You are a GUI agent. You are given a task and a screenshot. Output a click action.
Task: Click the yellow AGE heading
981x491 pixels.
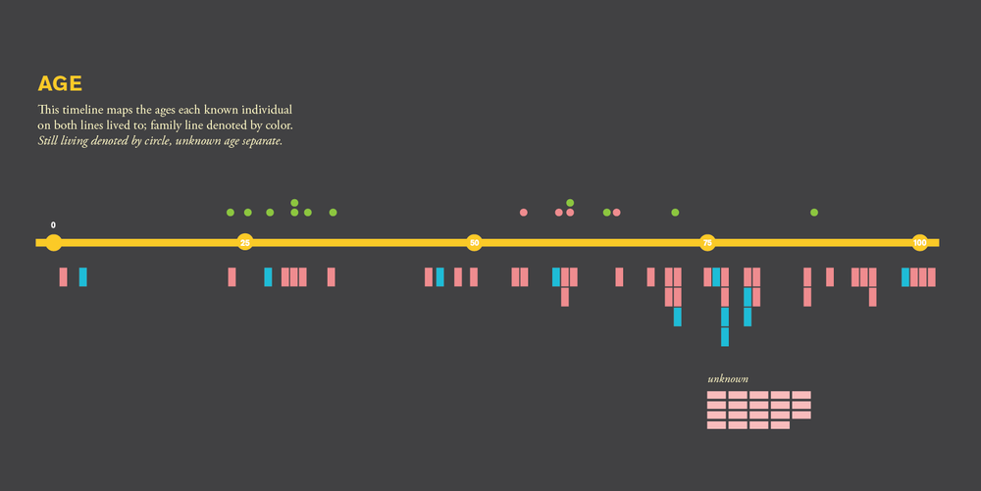tap(60, 83)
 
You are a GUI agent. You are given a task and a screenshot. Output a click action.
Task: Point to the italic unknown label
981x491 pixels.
tap(728, 379)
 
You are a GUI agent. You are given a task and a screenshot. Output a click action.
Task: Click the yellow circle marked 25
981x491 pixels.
tap(244, 242)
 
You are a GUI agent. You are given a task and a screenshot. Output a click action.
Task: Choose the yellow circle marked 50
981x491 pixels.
tap(474, 242)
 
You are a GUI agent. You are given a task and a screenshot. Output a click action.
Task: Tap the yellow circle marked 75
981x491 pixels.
tap(707, 242)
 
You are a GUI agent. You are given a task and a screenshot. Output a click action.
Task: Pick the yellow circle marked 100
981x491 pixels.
tap(920, 242)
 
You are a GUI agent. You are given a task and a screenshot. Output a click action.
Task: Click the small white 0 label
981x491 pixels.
tap(53, 225)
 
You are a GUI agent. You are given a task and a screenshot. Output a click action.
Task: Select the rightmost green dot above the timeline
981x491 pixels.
tap(814, 213)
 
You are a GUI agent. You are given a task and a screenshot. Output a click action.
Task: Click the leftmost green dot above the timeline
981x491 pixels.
tap(231, 213)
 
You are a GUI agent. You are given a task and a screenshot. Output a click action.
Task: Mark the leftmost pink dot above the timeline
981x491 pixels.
tap(524, 213)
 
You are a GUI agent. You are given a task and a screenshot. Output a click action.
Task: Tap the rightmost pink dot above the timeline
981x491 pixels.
tap(616, 213)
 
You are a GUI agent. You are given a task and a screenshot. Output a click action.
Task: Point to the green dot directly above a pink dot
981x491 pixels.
tap(570, 203)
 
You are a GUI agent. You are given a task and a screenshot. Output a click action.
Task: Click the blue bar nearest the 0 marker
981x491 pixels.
tap(83, 277)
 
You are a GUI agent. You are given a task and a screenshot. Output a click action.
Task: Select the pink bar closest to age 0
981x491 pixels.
tap(63, 277)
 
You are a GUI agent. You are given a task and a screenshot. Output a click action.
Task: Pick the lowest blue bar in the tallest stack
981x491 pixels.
tap(725, 337)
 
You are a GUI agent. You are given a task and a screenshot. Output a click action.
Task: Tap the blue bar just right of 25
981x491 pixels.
tap(268, 277)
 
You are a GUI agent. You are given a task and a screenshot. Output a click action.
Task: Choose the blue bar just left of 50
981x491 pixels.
tap(439, 277)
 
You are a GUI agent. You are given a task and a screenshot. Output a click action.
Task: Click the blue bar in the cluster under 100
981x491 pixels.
tap(905, 277)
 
